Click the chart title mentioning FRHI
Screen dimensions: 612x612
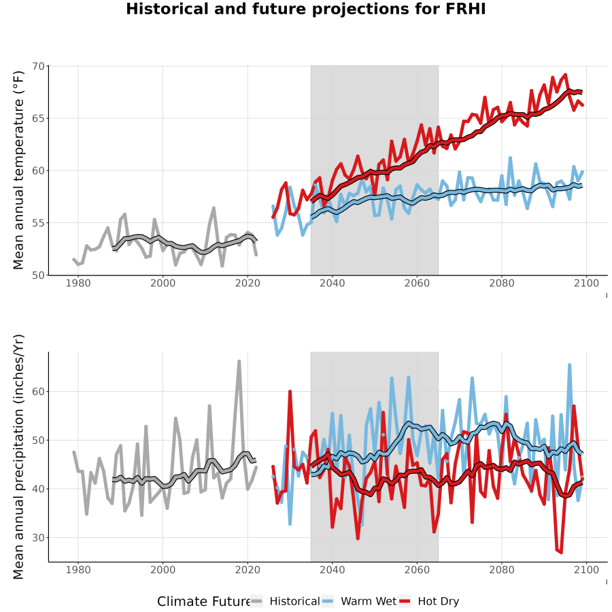(x=305, y=9)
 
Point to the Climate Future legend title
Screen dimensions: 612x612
(x=203, y=602)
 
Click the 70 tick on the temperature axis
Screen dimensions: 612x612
(x=38, y=67)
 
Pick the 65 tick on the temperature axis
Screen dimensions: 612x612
(x=38, y=118)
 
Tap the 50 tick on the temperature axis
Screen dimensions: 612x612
(x=38, y=275)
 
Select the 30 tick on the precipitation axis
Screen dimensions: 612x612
(x=38, y=537)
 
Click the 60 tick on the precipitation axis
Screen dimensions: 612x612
(x=38, y=392)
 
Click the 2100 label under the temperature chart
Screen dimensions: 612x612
(x=586, y=283)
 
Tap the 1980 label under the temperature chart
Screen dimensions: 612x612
(x=78, y=283)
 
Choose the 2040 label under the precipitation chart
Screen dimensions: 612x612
(x=332, y=570)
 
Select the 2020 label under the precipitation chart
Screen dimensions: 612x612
(x=248, y=570)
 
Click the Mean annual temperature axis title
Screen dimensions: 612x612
(x=18, y=170)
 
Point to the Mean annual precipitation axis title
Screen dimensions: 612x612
(x=18, y=457)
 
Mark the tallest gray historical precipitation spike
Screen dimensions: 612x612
(x=239, y=362)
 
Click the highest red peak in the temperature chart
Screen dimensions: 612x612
(x=566, y=75)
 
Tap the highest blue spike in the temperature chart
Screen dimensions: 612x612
(x=510, y=158)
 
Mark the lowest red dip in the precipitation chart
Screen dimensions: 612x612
(x=561, y=553)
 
